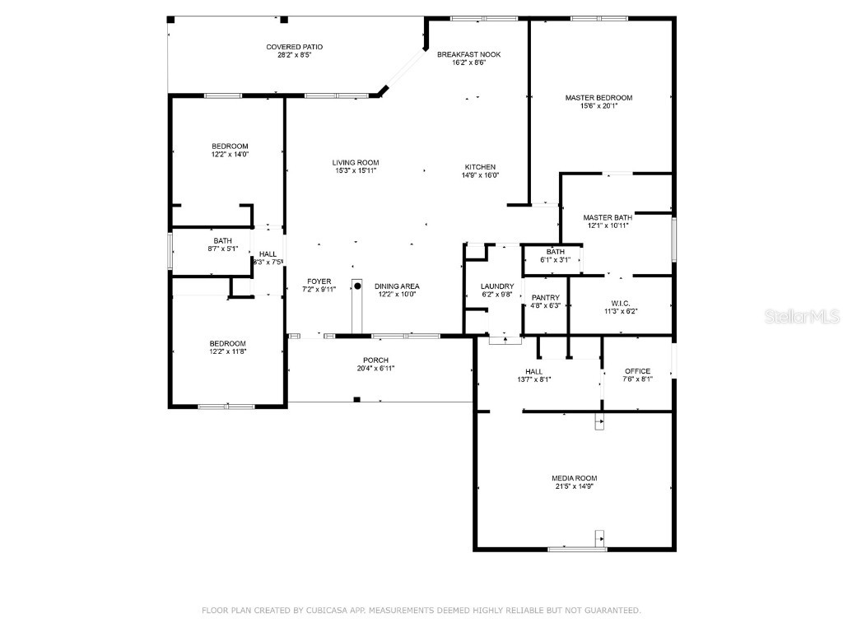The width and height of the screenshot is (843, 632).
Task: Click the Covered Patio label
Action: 288,47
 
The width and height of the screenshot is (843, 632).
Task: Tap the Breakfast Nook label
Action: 468,54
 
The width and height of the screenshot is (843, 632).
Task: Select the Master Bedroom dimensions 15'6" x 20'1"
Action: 598,106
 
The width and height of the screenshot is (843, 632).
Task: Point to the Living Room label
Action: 356,163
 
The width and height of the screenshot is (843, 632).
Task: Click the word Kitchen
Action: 480,167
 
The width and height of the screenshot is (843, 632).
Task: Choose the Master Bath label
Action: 608,217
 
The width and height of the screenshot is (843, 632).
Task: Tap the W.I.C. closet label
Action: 621,302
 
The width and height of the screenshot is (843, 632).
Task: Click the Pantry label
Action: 545,298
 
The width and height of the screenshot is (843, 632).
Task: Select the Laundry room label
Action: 497,286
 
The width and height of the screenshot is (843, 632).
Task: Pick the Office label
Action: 637,371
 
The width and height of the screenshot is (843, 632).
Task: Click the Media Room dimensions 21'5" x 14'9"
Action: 574,486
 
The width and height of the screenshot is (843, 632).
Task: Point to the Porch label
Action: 375,360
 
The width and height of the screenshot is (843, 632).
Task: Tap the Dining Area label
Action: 398,286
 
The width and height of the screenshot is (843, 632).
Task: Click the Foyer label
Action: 319,281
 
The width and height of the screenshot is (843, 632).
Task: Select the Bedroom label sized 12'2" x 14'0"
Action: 230,146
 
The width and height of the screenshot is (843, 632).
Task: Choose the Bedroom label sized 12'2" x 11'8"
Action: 227,344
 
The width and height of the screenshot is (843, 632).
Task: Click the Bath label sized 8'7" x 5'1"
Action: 200,241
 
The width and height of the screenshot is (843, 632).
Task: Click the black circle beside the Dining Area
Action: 358,286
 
